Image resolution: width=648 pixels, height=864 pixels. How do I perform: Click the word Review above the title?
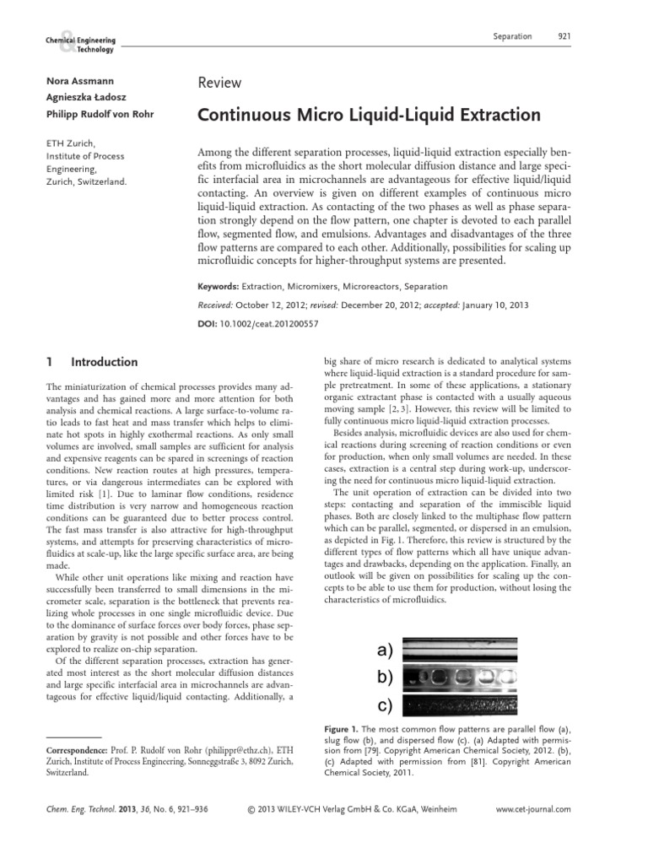pos(219,83)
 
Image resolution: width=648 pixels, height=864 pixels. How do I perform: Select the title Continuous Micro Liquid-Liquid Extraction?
pos(369,115)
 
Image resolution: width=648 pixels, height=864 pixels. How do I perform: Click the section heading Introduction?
pos(105,363)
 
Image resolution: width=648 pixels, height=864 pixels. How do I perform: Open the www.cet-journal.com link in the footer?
pos(533,809)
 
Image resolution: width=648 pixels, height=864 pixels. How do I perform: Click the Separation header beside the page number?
pos(512,36)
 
